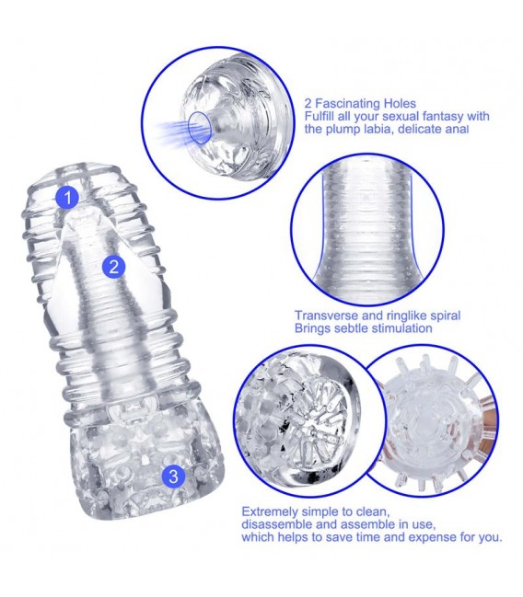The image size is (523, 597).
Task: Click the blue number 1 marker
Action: [x=67, y=198]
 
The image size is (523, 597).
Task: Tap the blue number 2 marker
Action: [x=113, y=267]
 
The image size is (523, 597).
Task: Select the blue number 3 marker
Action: [x=173, y=476]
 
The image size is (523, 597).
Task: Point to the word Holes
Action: [x=400, y=103]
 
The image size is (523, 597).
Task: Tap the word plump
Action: [x=343, y=130]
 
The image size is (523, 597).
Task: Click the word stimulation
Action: [x=401, y=328]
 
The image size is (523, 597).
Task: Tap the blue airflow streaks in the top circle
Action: [x=171, y=131]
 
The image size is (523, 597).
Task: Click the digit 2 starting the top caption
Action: [x=308, y=104]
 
